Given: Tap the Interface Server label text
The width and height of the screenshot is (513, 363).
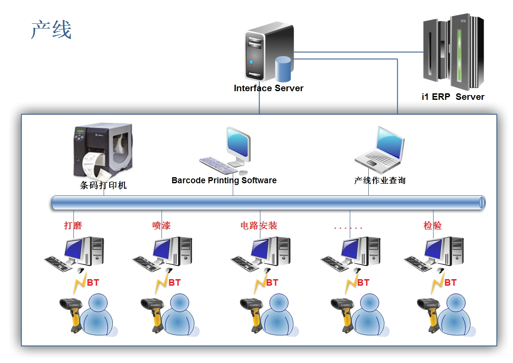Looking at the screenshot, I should [x=269, y=88].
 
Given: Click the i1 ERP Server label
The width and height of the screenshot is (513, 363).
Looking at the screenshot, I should [x=453, y=97].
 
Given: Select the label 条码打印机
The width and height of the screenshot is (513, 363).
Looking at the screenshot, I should [x=103, y=185].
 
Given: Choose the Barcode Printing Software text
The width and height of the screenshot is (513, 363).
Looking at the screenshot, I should [x=224, y=180].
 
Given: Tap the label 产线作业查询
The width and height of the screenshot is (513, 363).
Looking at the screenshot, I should [x=380, y=181].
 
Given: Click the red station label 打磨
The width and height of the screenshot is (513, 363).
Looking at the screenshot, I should [x=73, y=225].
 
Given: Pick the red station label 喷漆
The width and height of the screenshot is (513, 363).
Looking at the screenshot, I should [x=161, y=225].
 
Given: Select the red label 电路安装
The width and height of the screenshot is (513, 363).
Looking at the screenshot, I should [x=259, y=225].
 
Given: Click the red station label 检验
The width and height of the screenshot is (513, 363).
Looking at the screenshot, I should [x=433, y=225].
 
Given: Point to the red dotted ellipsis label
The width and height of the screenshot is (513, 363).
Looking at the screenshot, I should [x=348, y=227].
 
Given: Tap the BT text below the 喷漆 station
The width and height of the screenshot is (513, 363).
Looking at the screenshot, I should [x=174, y=283].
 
